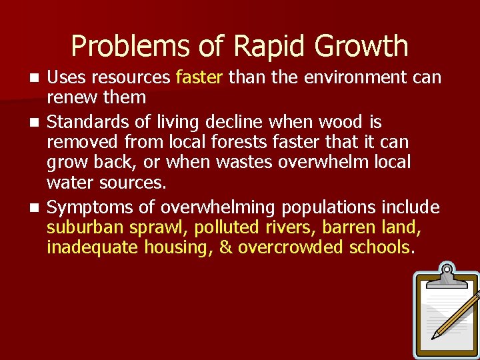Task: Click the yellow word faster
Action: click(x=199, y=77)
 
